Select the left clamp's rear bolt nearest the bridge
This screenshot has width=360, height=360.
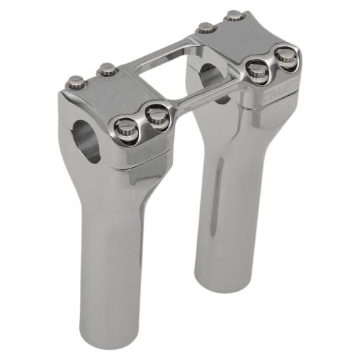coord(107,70)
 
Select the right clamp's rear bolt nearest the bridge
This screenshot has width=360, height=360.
coord(207,28)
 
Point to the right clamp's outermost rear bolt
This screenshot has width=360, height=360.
coord(235,15)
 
